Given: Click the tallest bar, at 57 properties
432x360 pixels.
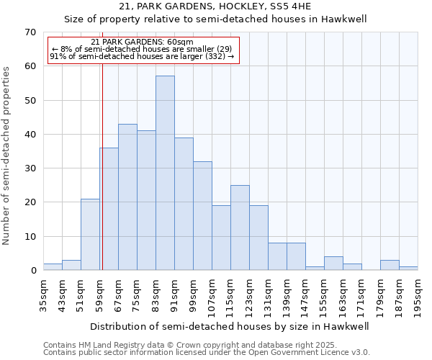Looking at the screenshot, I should pos(165,173).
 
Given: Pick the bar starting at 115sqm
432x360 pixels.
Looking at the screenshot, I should pos(240,228).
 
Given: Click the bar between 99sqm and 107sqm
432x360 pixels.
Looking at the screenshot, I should pos(202,216).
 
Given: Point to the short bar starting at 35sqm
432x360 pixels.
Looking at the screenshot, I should pos(53,267).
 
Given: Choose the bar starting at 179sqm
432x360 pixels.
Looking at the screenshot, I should pos(390,266).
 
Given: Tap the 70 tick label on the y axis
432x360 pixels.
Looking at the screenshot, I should pos(30,32).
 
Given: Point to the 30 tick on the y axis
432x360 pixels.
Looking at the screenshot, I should pos(30,168).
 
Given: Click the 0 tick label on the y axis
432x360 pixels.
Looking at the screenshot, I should pos(32,271).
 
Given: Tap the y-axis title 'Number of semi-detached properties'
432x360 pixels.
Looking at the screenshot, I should pos(7,155).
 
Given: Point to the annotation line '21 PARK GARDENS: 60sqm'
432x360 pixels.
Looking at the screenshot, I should pos(143,42).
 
